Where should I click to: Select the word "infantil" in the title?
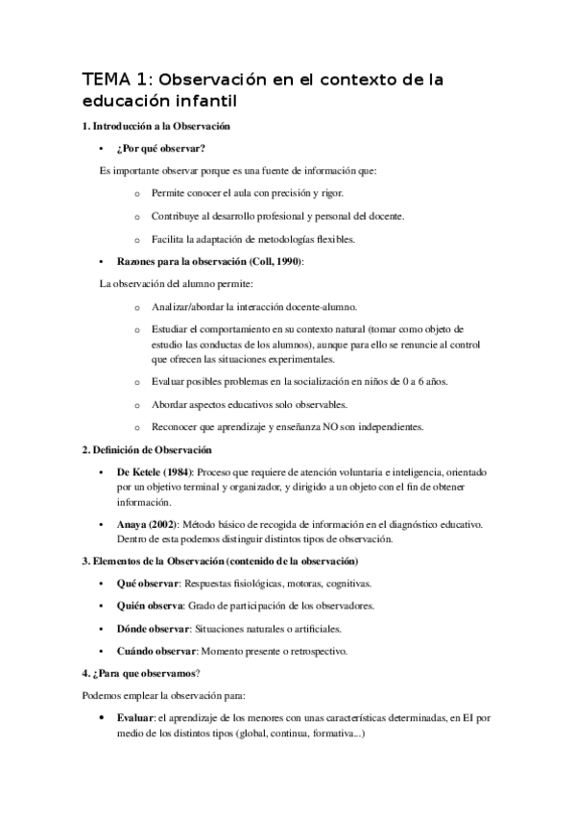click(203, 99)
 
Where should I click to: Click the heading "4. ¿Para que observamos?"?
click(145, 674)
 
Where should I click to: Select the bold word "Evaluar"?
click(136, 716)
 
